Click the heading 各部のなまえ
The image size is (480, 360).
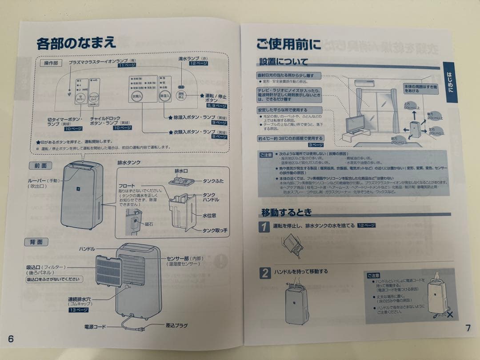pos(76,43)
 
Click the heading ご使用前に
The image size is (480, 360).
pos(288,44)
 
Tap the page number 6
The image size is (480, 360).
pos(11,339)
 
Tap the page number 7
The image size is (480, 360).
pos(468,328)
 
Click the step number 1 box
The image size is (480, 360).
pos(264,227)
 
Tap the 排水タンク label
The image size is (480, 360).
pos(128,163)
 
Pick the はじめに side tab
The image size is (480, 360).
pos(450,80)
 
